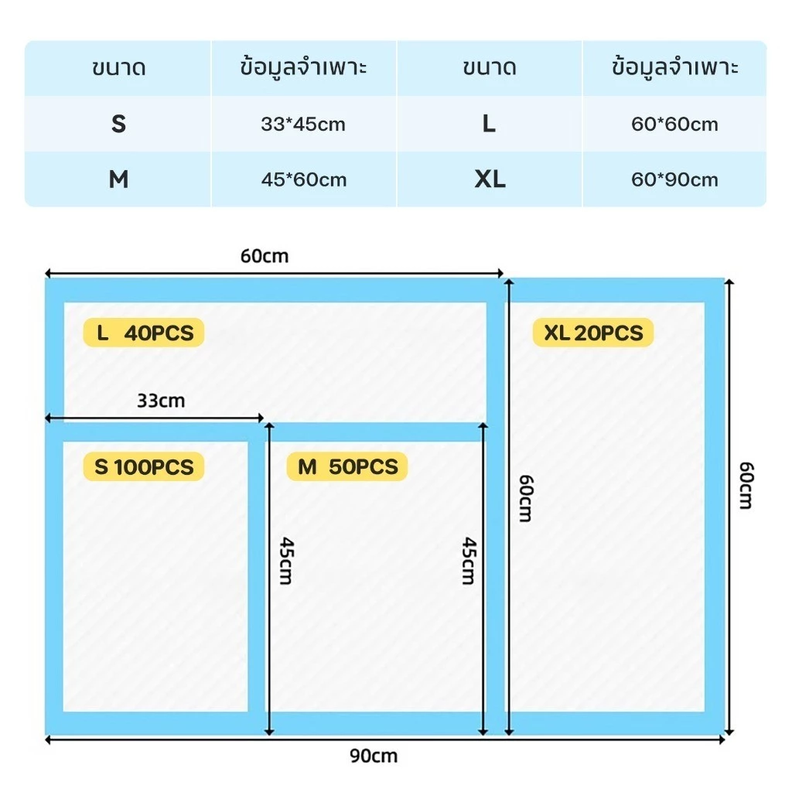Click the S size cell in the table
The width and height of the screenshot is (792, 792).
[118, 124]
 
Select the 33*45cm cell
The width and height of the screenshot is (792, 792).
[303, 124]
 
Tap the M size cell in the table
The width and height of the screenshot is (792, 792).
[118, 179]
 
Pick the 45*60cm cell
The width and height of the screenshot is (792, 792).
[303, 179]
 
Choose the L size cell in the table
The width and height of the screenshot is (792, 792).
[489, 124]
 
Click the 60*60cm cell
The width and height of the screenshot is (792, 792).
[674, 124]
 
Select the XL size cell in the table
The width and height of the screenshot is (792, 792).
[489, 179]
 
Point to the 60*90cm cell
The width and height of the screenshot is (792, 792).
[674, 179]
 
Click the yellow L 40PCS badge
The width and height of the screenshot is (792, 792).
[144, 333]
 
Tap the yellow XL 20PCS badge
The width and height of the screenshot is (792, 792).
[593, 333]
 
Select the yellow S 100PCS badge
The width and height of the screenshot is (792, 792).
[144, 466]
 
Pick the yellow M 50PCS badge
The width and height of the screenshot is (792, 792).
[347, 466]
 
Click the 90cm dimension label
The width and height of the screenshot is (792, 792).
[374, 756]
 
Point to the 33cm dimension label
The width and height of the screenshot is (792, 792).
[161, 401]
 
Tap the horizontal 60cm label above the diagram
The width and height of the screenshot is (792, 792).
[265, 256]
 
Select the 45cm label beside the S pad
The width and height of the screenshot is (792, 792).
[287, 561]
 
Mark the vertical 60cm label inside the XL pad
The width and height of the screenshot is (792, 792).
[526, 498]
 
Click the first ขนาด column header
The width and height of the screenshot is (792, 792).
[118, 68]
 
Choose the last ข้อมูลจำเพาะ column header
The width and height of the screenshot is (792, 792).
[674, 68]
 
